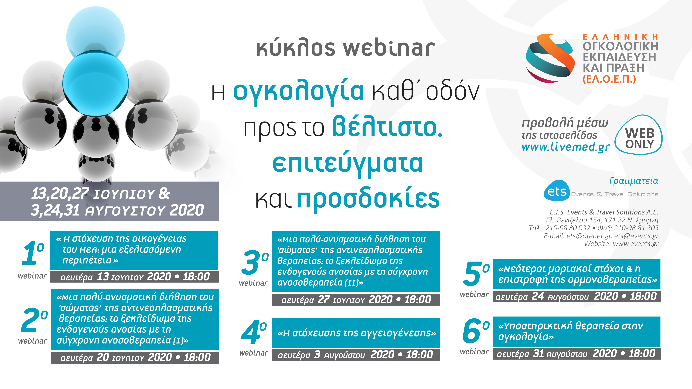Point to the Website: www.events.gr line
click(x=621, y=244)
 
